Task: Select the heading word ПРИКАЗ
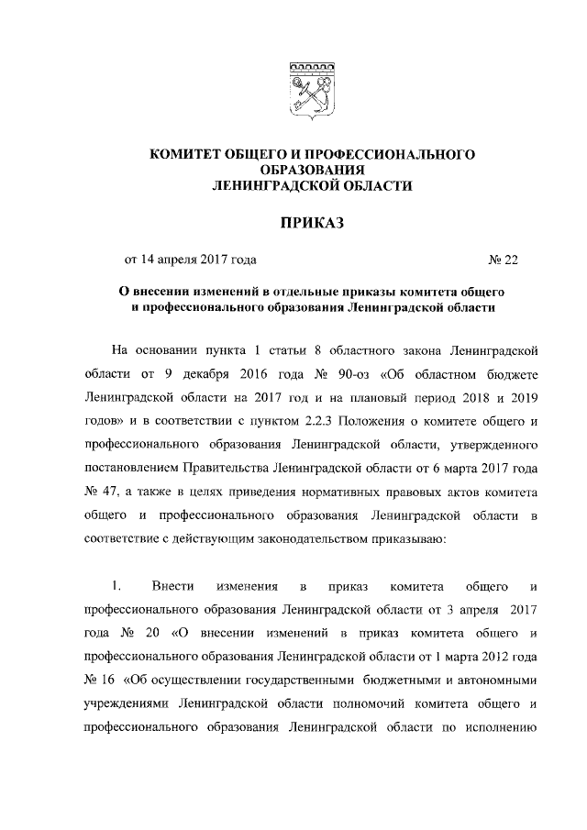[x=311, y=223]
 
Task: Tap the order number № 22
[x=504, y=260]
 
